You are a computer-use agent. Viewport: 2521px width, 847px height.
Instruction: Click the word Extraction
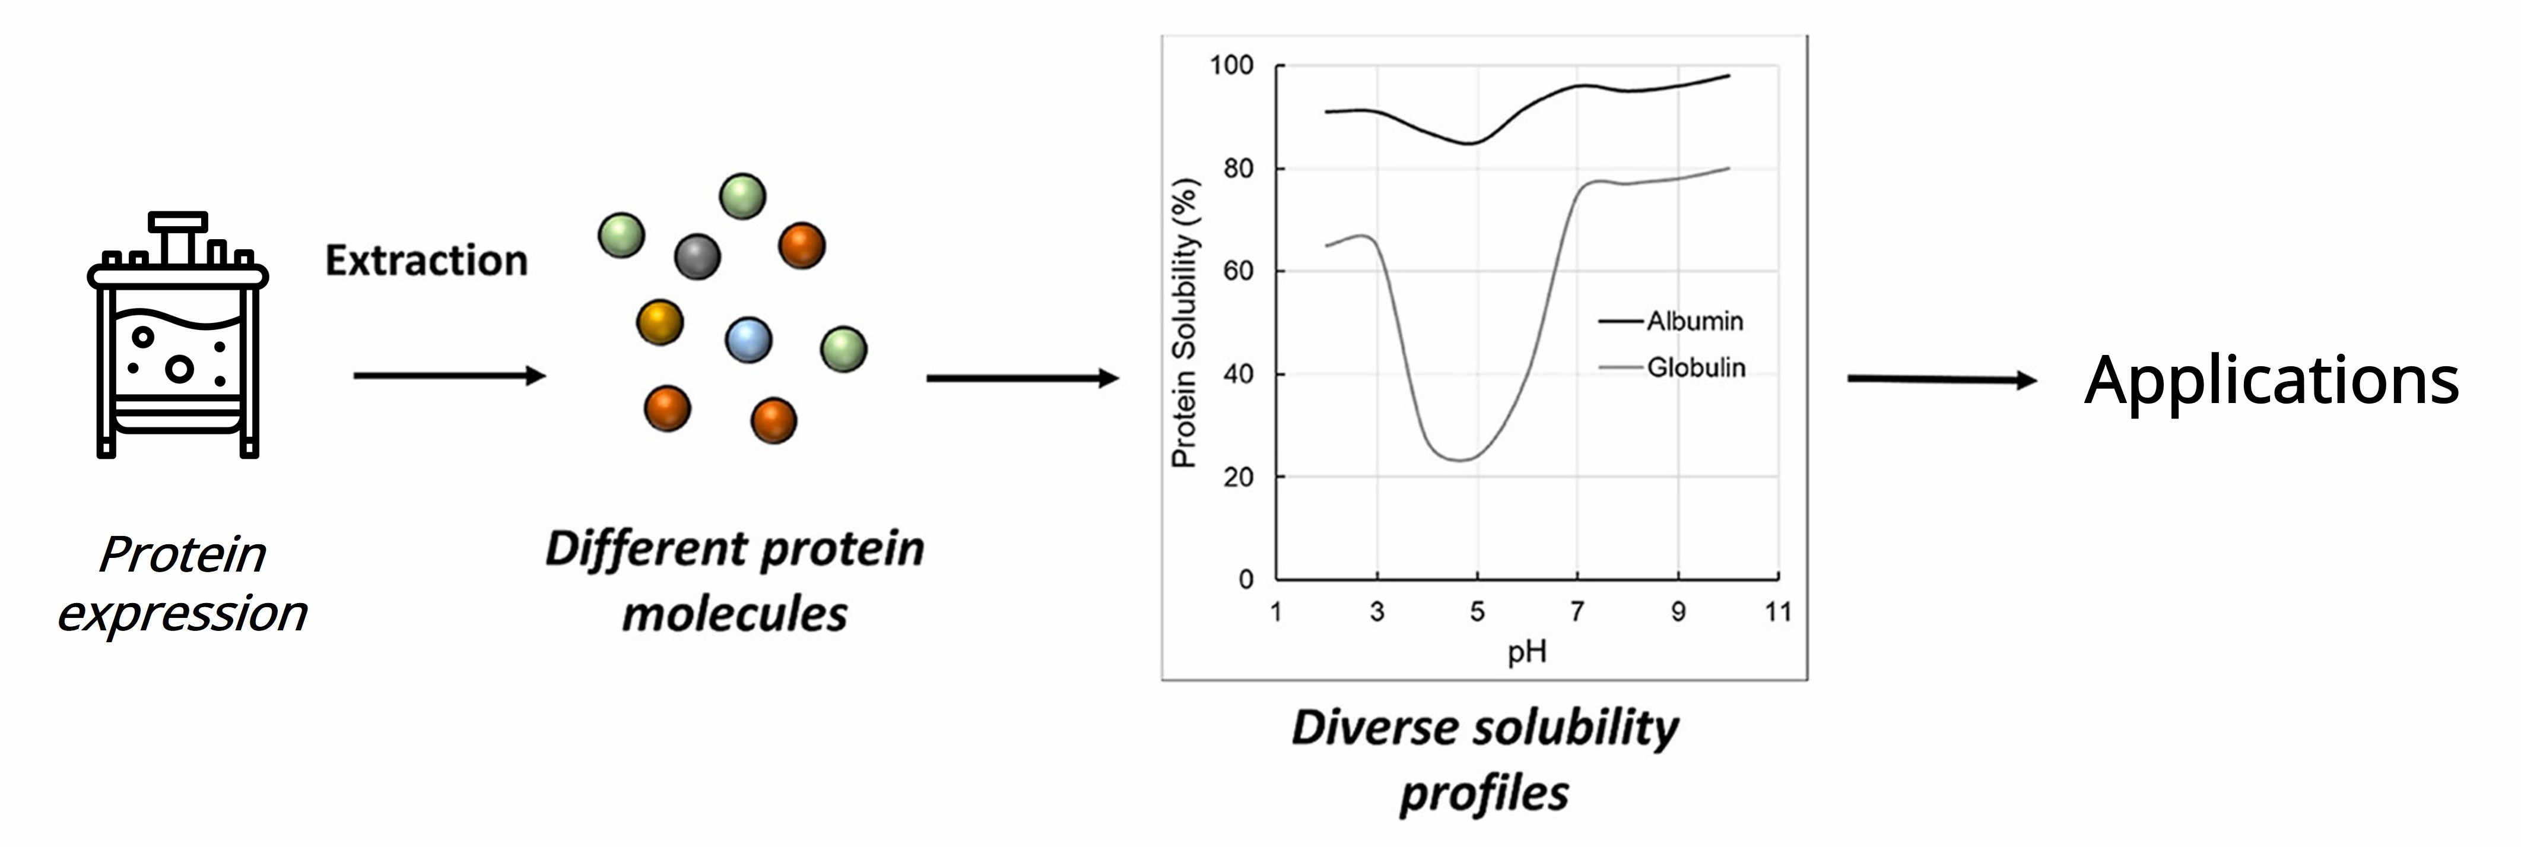(427, 261)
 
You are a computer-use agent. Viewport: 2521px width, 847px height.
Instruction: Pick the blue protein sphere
(749, 340)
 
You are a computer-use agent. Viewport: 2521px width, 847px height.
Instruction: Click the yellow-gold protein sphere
(659, 322)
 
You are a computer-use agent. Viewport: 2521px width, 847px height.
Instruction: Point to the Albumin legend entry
(1694, 321)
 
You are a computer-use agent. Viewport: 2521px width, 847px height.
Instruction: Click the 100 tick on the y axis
(1231, 66)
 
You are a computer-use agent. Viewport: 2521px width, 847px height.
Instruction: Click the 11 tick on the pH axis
(1778, 612)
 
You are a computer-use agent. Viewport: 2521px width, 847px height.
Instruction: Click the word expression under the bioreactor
(182, 614)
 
